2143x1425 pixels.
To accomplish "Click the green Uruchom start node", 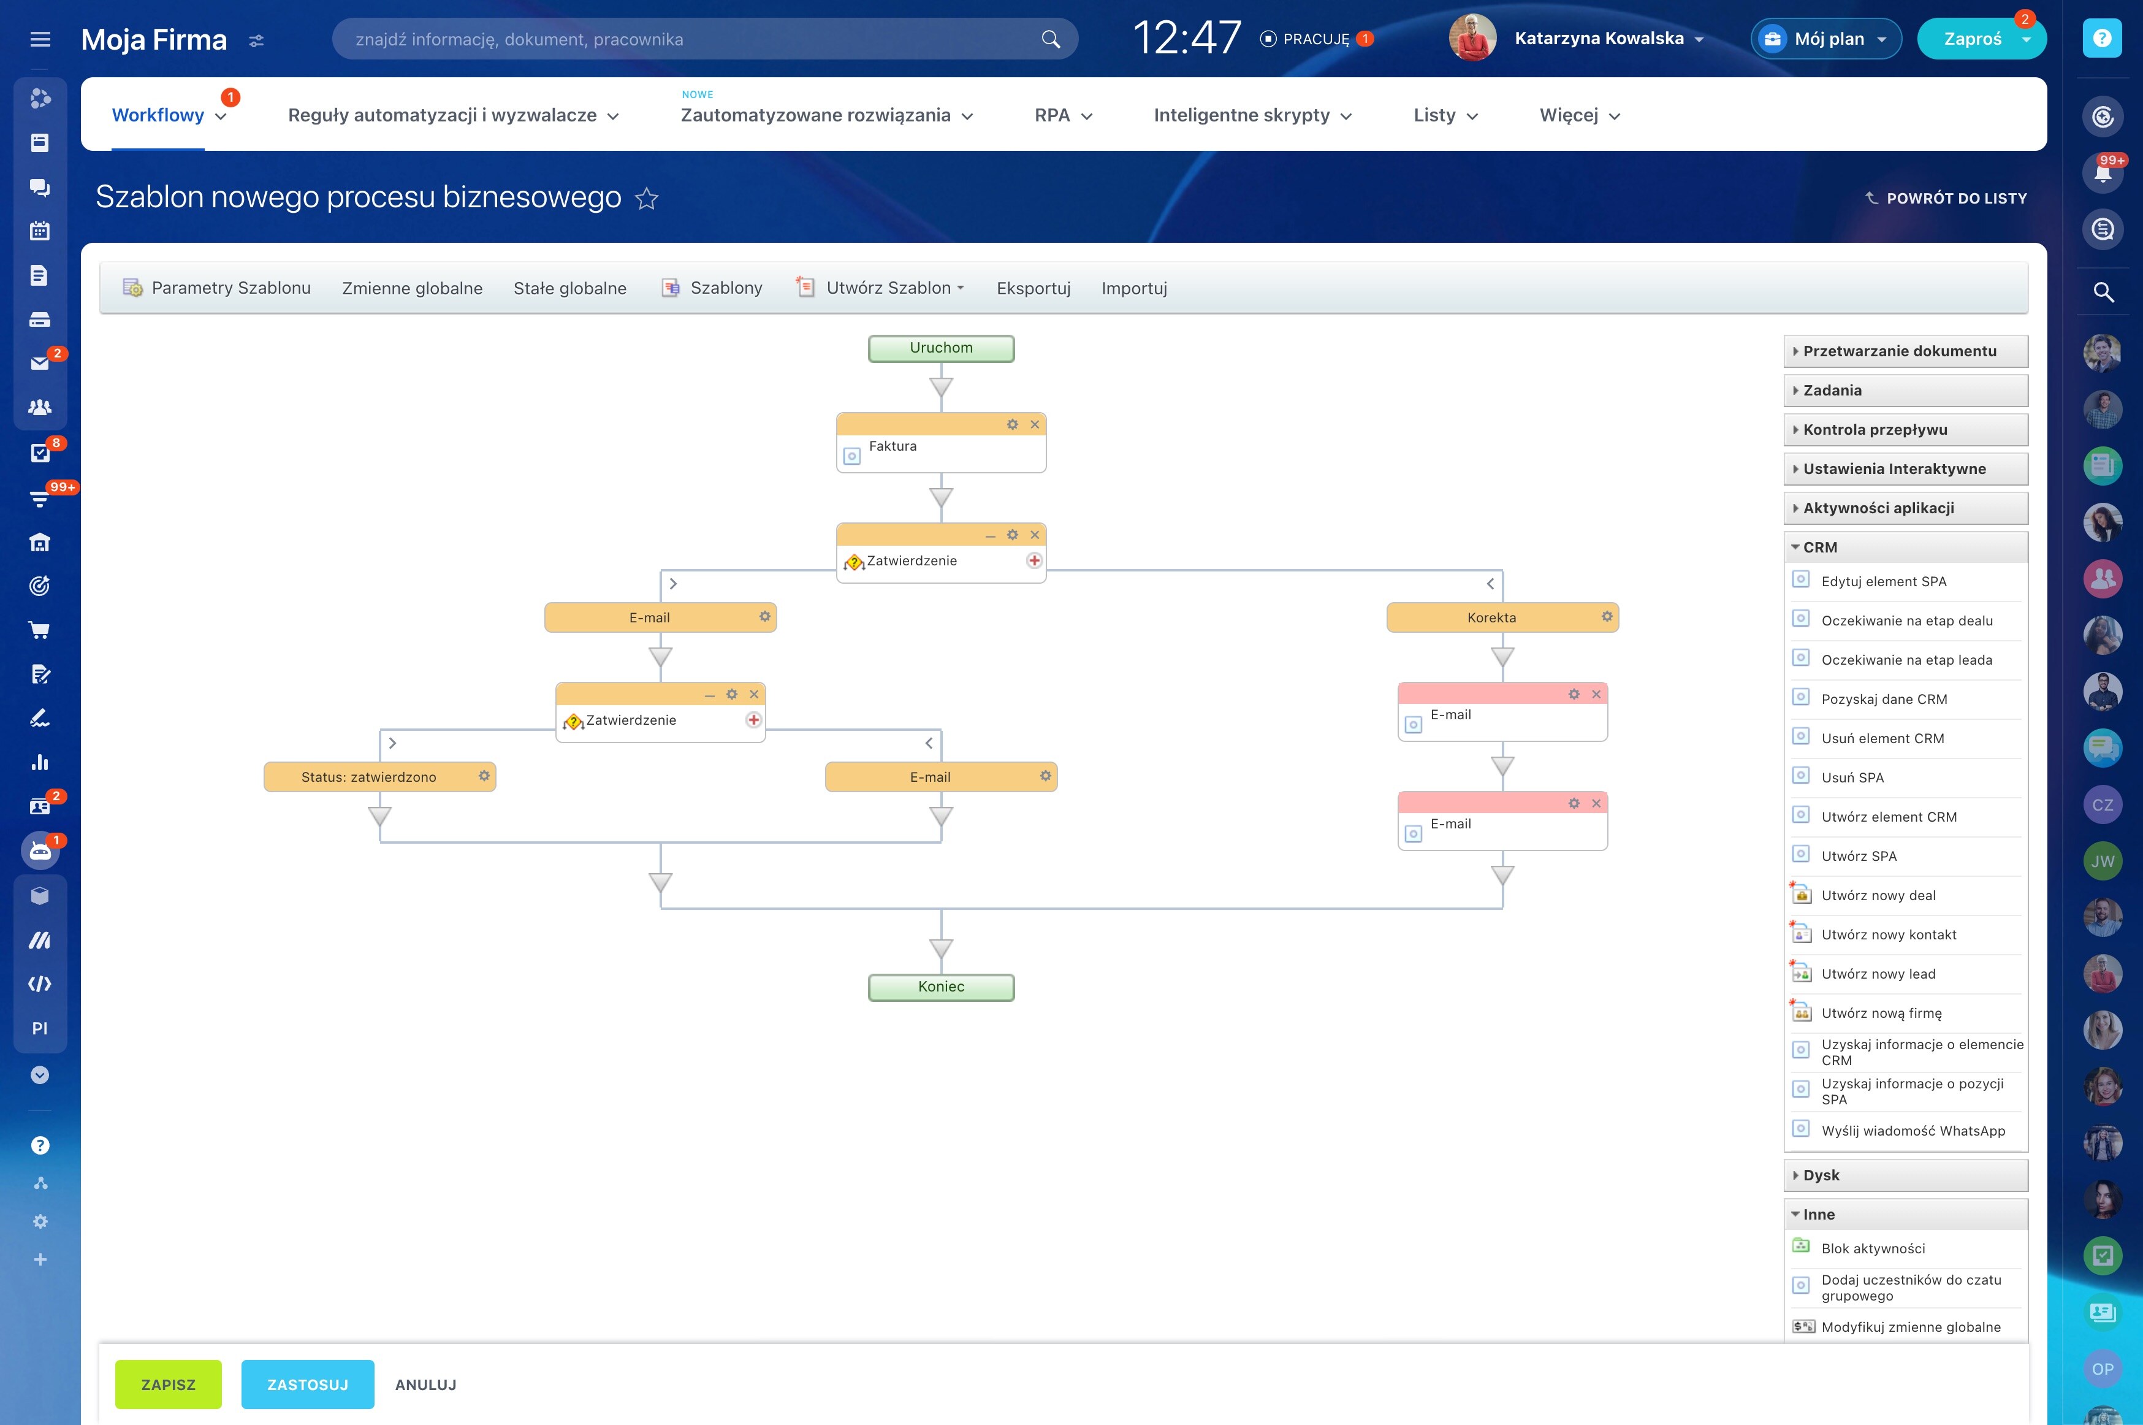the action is pyautogui.click(x=941, y=348).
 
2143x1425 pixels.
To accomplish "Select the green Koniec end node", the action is pyautogui.click(x=941, y=987).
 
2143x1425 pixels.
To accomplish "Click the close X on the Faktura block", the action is pyautogui.click(x=1035, y=424).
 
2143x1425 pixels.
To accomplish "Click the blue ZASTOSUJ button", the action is pyautogui.click(x=308, y=1384).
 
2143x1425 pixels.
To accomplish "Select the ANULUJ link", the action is pyautogui.click(x=426, y=1384).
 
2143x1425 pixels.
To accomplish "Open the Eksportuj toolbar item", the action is pyautogui.click(x=1033, y=288).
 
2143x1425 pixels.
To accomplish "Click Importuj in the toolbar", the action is pyautogui.click(x=1135, y=288).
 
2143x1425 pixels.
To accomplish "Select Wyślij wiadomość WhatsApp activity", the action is pyautogui.click(x=1913, y=1131).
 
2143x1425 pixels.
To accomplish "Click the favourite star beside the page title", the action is pyautogui.click(x=647, y=198).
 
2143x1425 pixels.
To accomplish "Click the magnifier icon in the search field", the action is pyautogui.click(x=1051, y=39).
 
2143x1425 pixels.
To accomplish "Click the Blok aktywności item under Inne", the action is pyautogui.click(x=1873, y=1248).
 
